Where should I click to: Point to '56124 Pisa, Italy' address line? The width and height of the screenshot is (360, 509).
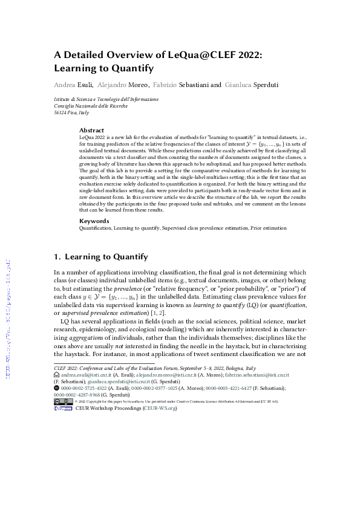tap(71, 112)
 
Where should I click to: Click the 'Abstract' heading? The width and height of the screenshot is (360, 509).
tap(91, 130)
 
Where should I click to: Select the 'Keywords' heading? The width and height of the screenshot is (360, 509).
tap(94, 221)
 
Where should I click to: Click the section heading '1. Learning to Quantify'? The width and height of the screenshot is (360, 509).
tap(101, 257)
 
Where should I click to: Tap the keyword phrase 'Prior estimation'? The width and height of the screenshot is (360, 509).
tap(266, 228)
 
